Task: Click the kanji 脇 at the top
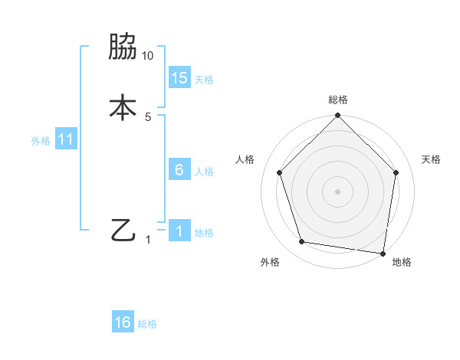click(123, 47)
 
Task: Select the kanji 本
click(123, 107)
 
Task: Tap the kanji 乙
click(123, 231)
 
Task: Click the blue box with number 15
click(179, 78)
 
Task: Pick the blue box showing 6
click(179, 170)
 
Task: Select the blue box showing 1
click(179, 231)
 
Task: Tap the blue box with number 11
click(66, 140)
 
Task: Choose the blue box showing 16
click(123, 322)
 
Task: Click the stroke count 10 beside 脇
click(148, 56)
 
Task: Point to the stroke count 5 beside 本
click(148, 116)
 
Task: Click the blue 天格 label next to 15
click(204, 80)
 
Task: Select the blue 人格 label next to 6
click(204, 172)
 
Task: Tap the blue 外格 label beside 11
click(41, 141)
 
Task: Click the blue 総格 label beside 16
click(147, 324)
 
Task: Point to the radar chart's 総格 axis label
click(337, 100)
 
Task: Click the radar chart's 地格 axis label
click(402, 262)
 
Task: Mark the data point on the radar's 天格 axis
click(396, 172)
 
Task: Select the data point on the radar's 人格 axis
click(279, 172)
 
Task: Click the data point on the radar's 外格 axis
click(301, 242)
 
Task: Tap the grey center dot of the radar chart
click(337, 191)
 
